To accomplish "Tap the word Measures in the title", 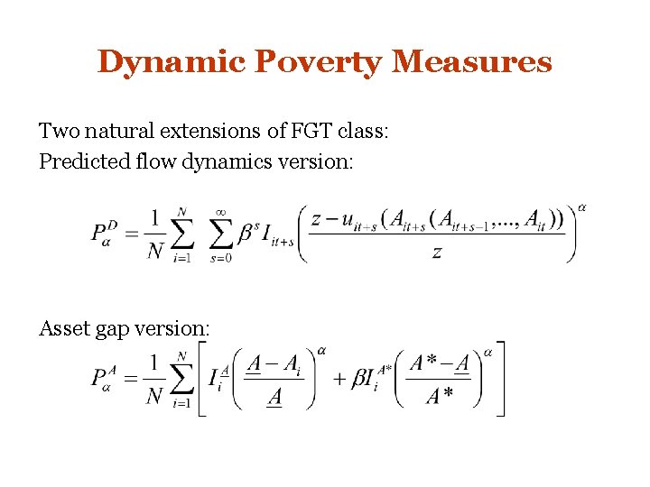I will [472, 62].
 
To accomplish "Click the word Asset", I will [61, 328].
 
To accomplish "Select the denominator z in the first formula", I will [437, 253].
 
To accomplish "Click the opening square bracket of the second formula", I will [203, 378].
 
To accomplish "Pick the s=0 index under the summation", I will [220, 259].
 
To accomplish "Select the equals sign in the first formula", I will [132, 233].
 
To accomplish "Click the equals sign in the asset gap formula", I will [132, 378].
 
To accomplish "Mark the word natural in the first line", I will [121, 132].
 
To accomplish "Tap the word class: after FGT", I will [361, 132].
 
